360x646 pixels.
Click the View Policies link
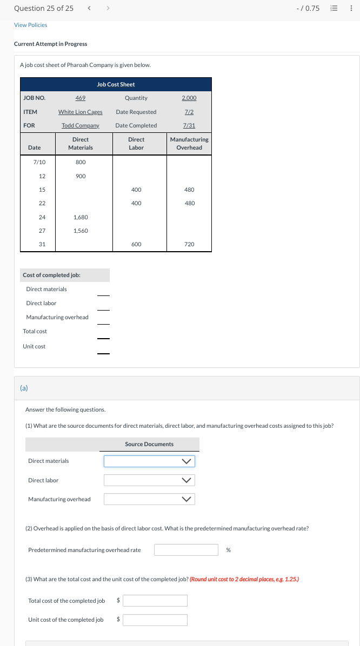(x=30, y=25)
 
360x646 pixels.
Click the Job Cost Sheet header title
(x=116, y=84)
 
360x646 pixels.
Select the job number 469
(x=81, y=98)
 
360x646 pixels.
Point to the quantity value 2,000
(x=189, y=98)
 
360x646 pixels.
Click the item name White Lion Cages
(x=81, y=112)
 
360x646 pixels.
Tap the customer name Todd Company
(x=81, y=125)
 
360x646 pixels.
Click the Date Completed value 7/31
(x=189, y=125)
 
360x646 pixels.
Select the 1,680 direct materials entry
(x=81, y=217)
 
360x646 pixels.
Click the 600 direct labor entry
(x=136, y=244)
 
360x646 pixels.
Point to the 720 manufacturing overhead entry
(x=189, y=244)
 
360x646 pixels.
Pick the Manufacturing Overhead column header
(x=189, y=143)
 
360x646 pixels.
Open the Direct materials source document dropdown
(x=149, y=461)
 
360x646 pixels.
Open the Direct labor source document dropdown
(x=149, y=480)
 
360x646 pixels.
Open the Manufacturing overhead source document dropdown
(x=149, y=499)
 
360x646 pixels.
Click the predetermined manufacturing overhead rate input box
(x=186, y=550)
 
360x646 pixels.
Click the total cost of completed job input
(x=155, y=601)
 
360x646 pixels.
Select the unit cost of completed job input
(x=155, y=620)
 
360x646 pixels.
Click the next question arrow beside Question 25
(x=108, y=8)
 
